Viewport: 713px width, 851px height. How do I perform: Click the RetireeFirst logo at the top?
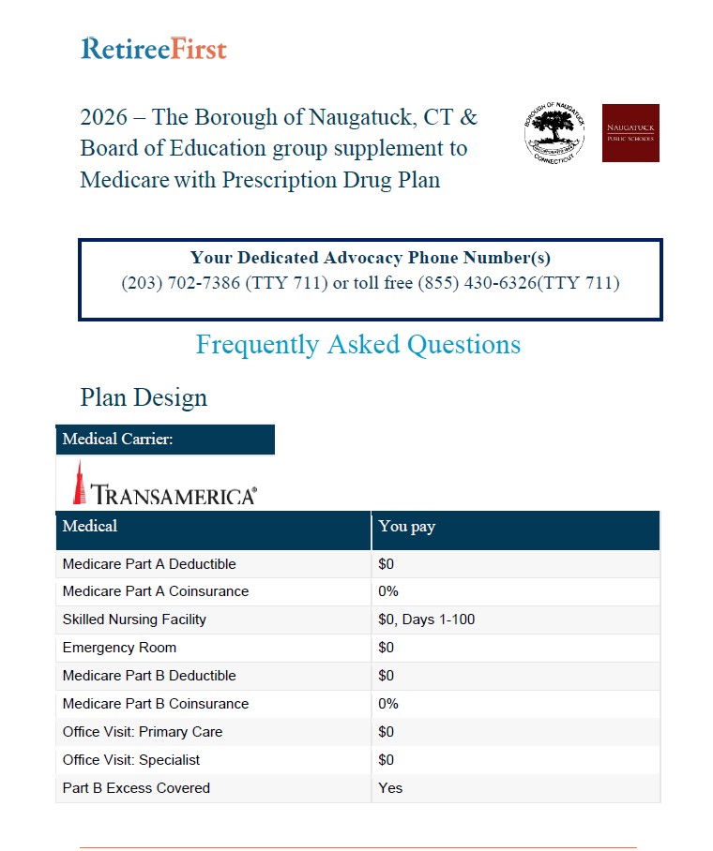click(x=154, y=49)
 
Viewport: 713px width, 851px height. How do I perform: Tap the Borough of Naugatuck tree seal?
click(x=554, y=132)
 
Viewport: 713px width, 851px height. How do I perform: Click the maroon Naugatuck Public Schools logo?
click(x=630, y=133)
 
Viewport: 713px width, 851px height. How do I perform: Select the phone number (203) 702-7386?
click(x=180, y=283)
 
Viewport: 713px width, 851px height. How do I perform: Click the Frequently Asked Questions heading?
click(x=357, y=345)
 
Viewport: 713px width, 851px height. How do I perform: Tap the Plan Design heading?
click(x=144, y=397)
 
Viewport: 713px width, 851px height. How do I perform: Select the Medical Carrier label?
click(x=118, y=440)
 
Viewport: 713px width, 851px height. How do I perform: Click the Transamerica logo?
click(x=165, y=485)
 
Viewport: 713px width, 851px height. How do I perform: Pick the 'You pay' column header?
click(x=407, y=527)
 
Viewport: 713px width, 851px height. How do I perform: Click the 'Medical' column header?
click(x=90, y=527)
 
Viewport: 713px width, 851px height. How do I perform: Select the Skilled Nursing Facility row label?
click(x=134, y=620)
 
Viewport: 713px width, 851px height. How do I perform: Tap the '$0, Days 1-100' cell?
click(x=427, y=620)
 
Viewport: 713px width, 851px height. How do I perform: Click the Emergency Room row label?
click(x=119, y=648)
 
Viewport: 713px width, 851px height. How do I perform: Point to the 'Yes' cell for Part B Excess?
click(x=390, y=788)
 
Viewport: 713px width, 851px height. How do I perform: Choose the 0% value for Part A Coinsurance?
click(x=388, y=591)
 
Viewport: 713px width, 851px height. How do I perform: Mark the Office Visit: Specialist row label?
click(x=131, y=760)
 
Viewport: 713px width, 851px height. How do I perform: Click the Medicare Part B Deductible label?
click(x=149, y=676)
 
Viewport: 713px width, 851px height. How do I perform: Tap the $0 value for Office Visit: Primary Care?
click(x=387, y=732)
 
